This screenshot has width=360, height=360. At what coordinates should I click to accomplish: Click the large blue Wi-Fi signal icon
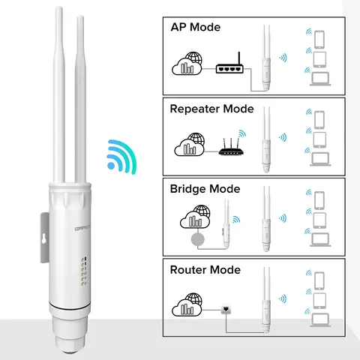(121, 154)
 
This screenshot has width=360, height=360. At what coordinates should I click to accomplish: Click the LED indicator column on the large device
(84, 269)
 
